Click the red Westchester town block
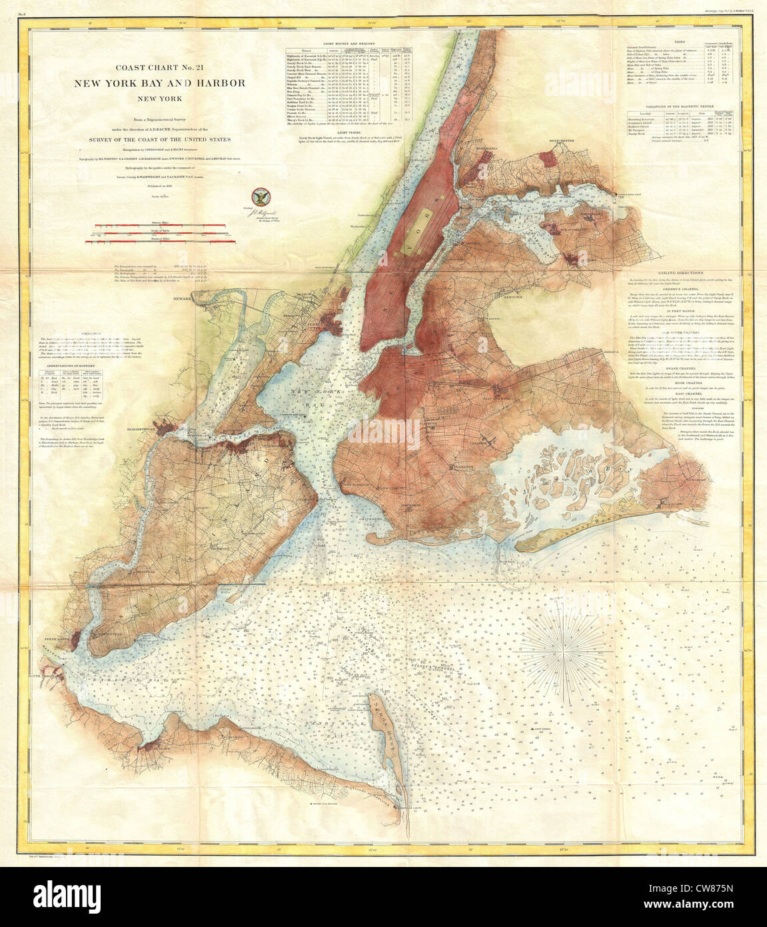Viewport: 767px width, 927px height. [548, 157]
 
